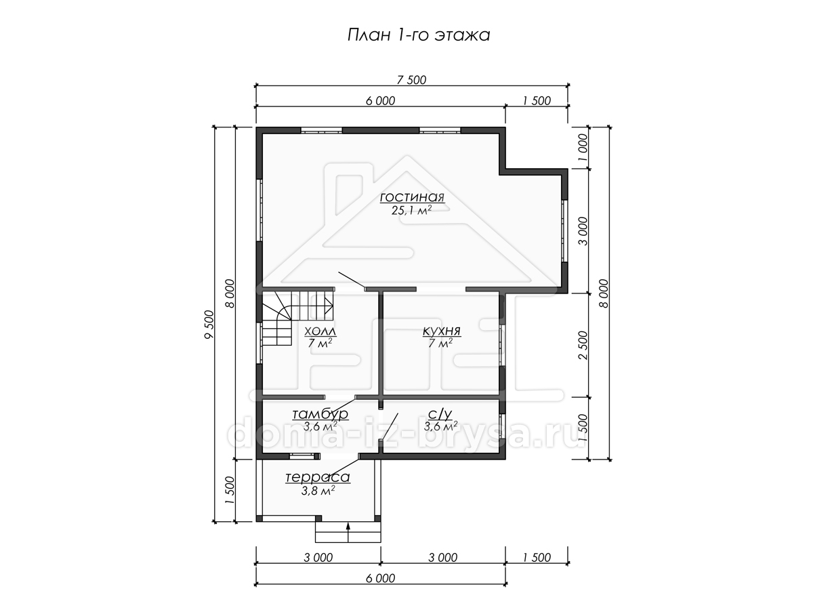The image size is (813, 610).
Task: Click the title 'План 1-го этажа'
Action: click(x=419, y=35)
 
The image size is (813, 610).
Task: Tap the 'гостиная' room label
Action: click(x=412, y=197)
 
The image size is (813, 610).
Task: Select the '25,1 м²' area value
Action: click(x=411, y=210)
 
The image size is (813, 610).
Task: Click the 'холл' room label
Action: click(x=320, y=331)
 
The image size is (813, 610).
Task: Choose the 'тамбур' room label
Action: click(x=320, y=413)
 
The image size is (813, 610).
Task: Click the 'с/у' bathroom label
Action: click(x=440, y=413)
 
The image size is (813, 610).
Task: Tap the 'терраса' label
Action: click(x=318, y=477)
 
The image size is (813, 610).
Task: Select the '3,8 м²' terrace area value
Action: click(x=318, y=491)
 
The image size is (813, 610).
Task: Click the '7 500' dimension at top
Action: click(x=411, y=79)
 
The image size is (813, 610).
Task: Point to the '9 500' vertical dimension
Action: click(x=209, y=325)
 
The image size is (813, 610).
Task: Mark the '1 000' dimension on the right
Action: click(x=583, y=147)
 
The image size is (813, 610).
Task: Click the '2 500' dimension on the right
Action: click(x=583, y=345)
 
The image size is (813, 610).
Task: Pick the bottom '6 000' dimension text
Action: click(x=380, y=578)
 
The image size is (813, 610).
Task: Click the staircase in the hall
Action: click(x=296, y=318)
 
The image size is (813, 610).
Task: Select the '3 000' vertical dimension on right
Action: click(x=583, y=231)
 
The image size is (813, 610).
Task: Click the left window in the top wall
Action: click(x=321, y=130)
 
